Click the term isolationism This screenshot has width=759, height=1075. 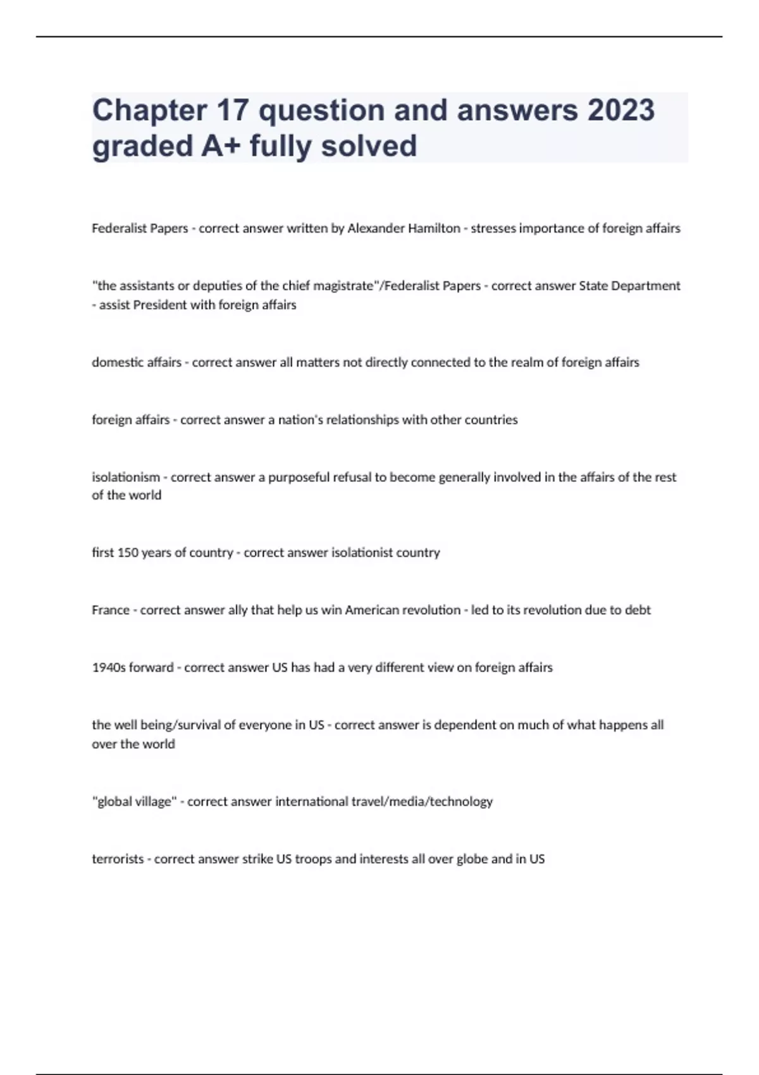[x=126, y=477]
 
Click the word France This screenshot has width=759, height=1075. [x=111, y=610]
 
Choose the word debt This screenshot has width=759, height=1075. [x=638, y=610]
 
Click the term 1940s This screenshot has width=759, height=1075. [x=109, y=668]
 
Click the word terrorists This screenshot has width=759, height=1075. [x=118, y=859]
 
